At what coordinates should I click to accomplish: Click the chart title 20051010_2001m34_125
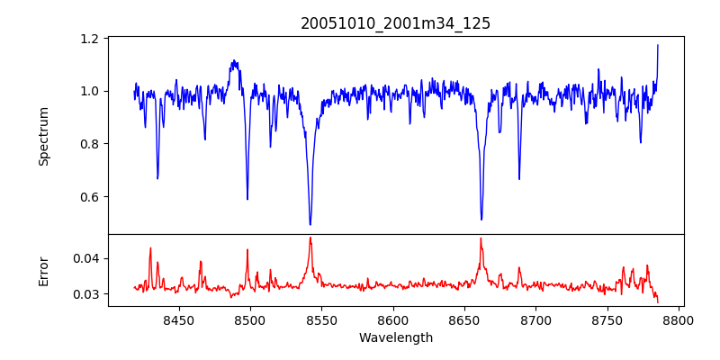point(395,23)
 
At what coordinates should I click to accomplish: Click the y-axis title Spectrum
point(44,136)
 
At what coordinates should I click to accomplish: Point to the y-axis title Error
point(44,271)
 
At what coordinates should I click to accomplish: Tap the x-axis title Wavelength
point(395,338)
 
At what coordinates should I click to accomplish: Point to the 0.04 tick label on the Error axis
point(86,258)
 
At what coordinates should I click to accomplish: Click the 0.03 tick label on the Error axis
point(86,294)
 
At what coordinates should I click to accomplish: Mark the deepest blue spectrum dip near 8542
point(310,224)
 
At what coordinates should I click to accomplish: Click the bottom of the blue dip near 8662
point(481,219)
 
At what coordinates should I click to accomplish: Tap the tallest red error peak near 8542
point(310,238)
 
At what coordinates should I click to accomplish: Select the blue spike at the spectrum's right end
point(658,45)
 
